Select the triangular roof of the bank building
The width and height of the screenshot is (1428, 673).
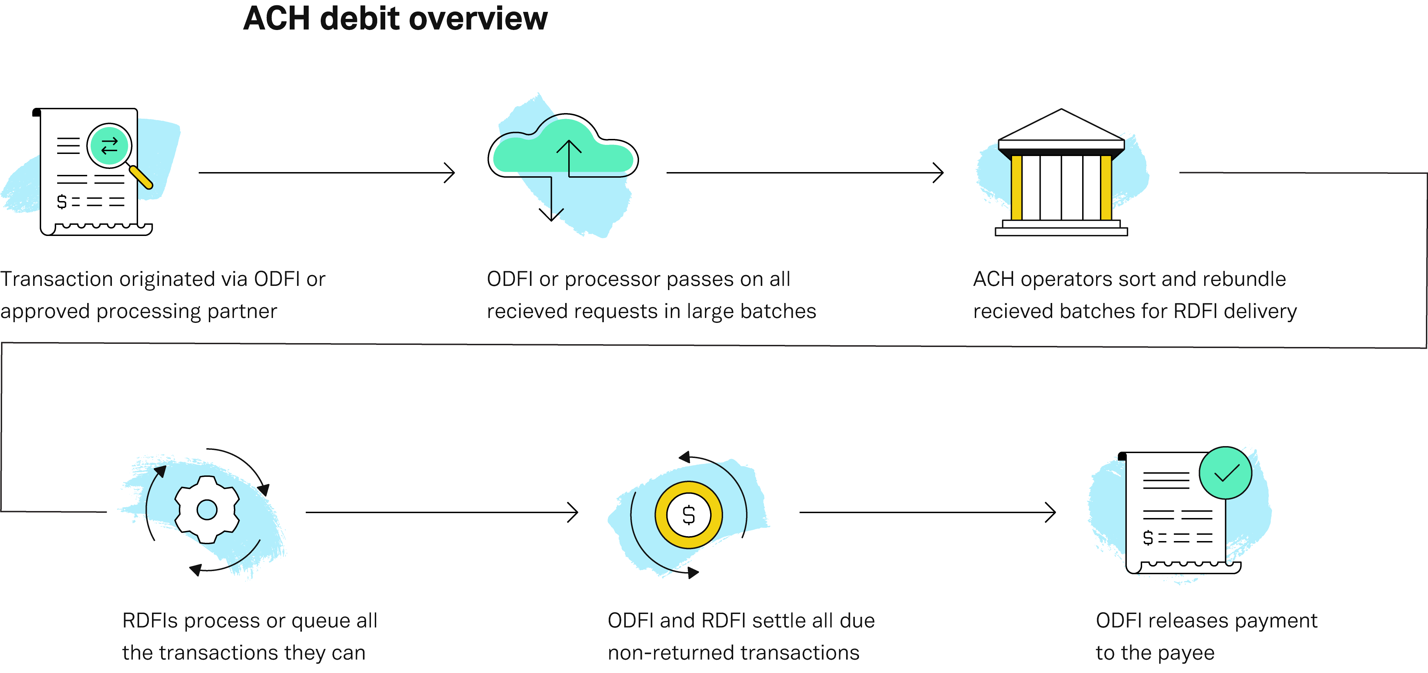pos(1061,126)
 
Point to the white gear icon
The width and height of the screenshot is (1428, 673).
pos(207,509)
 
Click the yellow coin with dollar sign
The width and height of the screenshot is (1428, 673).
pos(689,515)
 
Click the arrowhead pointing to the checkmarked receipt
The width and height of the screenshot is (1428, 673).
pos(1051,512)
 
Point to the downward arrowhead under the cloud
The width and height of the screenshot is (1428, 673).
pos(551,216)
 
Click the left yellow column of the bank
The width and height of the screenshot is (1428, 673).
pos(1016,187)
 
